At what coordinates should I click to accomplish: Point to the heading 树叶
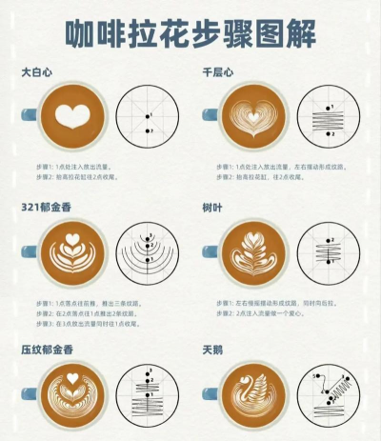pos(213,208)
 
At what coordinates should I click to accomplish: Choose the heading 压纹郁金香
pos(46,350)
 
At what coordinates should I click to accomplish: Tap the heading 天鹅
pos(213,350)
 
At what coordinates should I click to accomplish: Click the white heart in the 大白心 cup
pos(71,116)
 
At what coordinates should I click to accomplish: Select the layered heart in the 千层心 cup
pos(252,119)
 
